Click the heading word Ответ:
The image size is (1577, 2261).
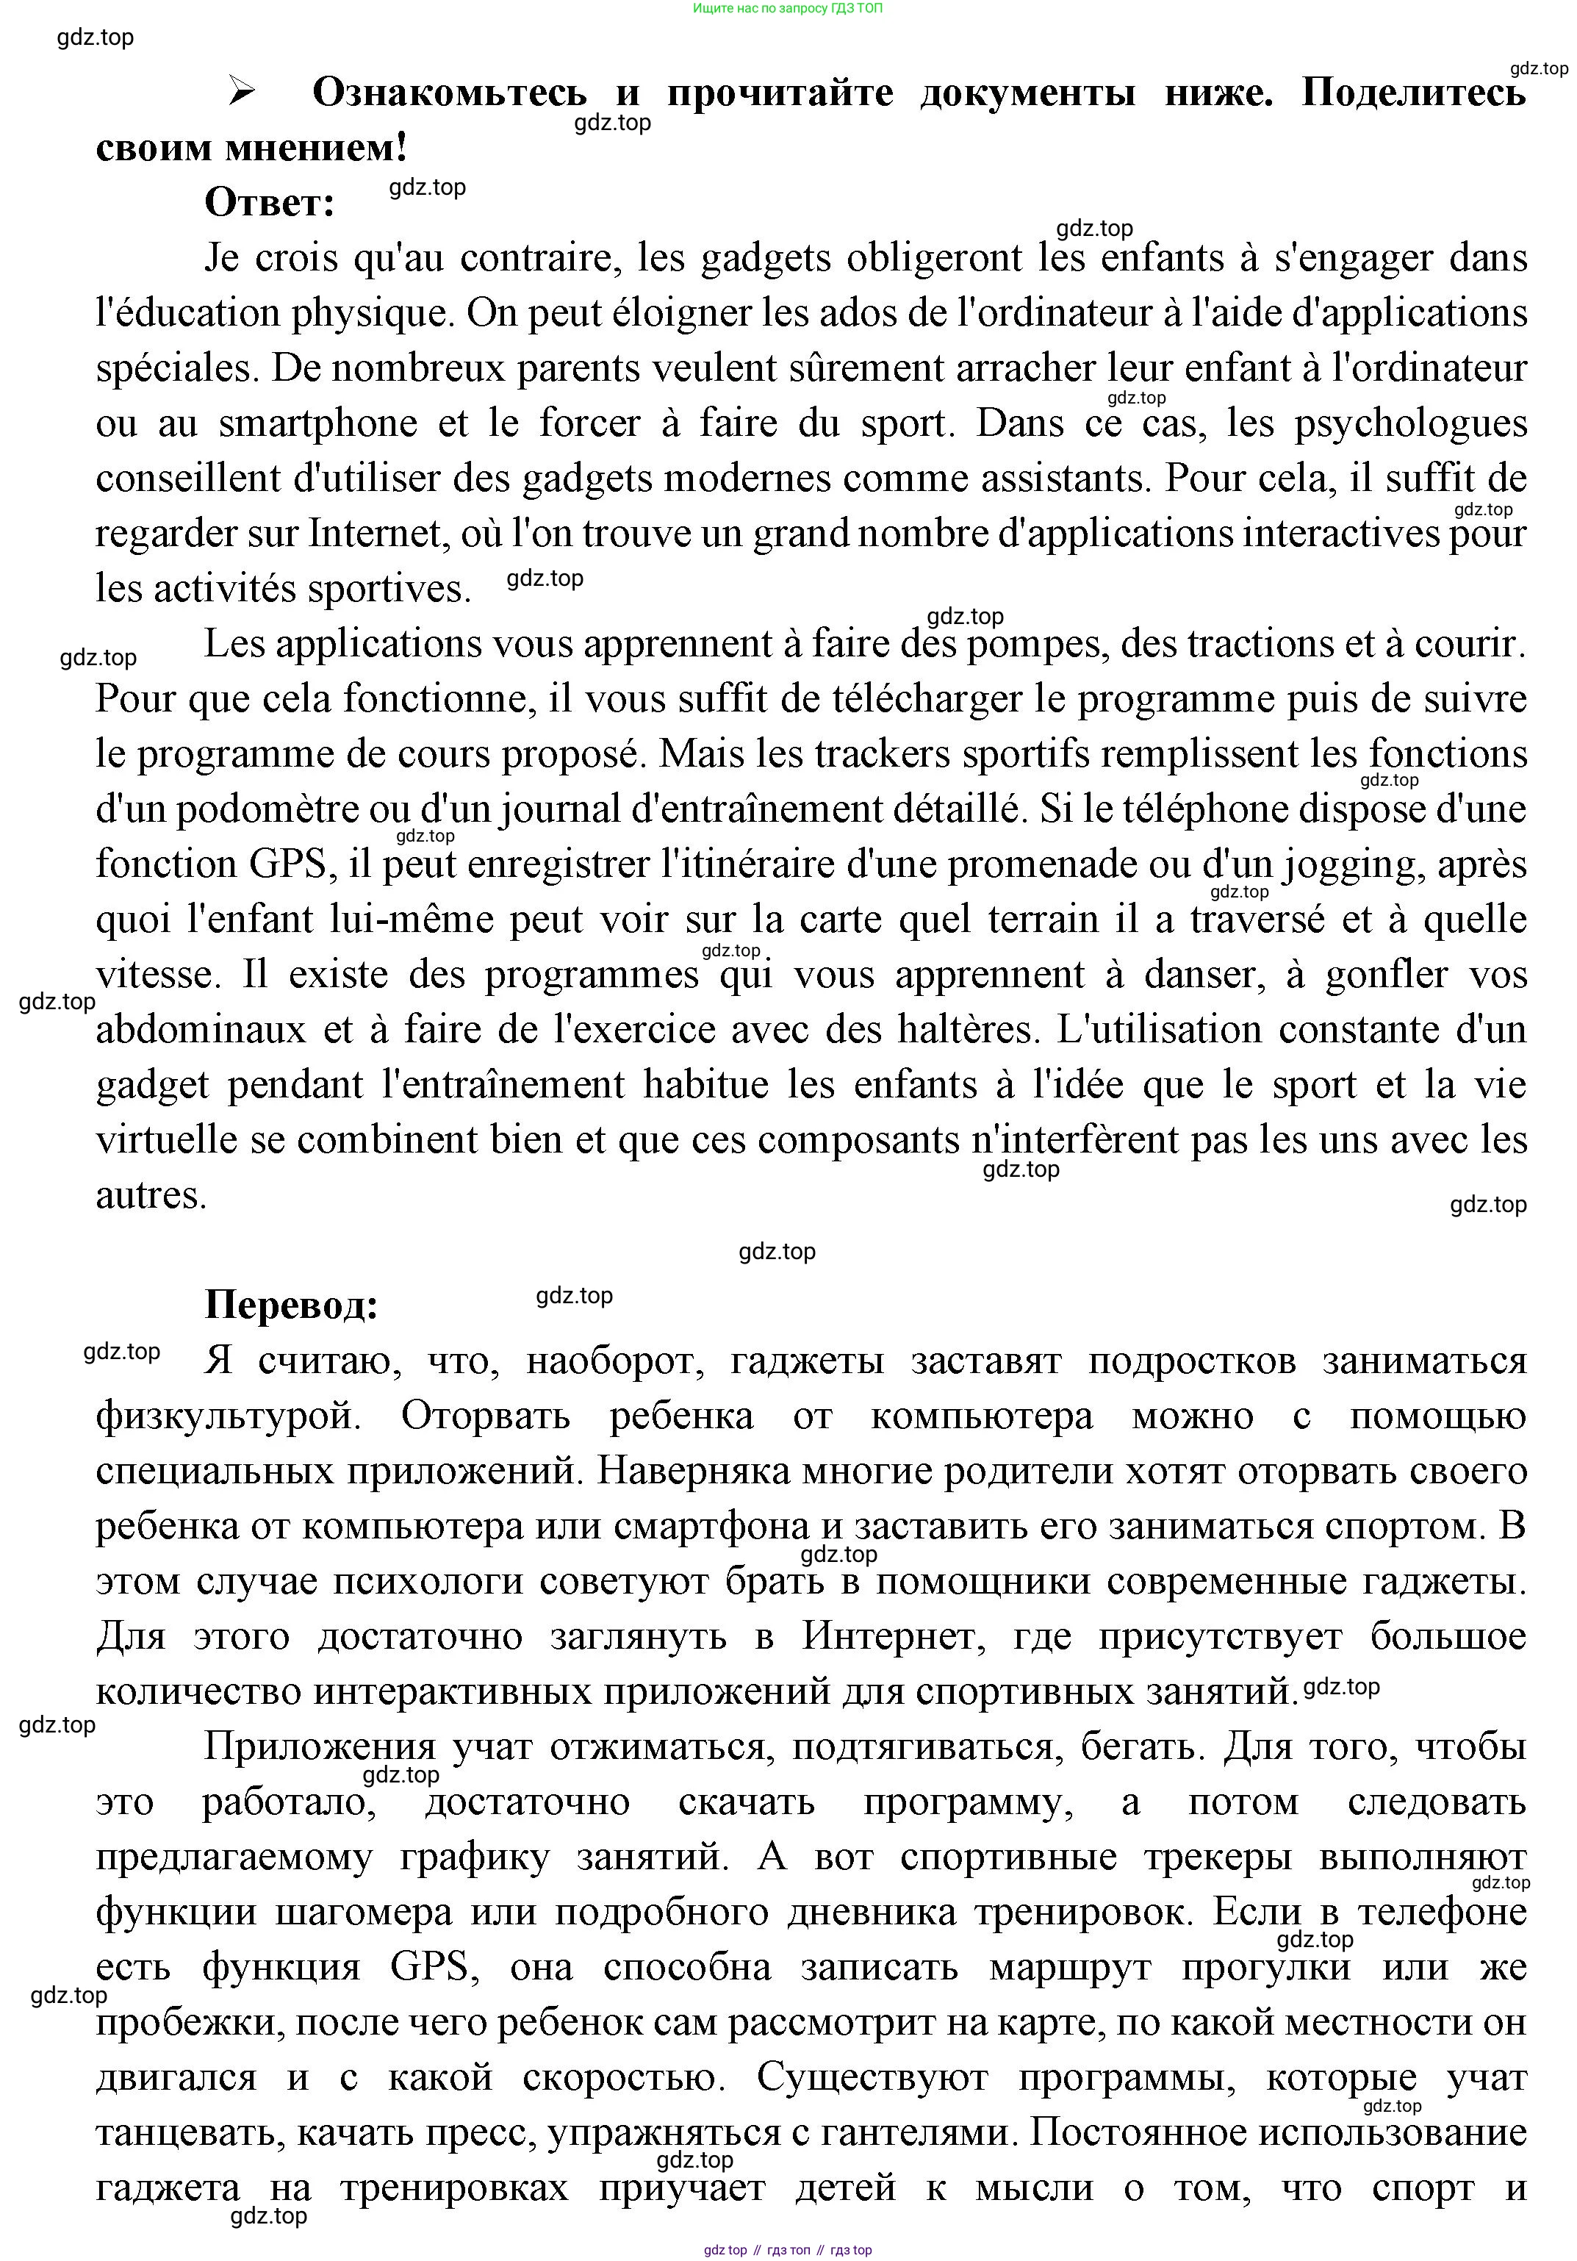270,203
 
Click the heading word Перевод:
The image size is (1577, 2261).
292,1305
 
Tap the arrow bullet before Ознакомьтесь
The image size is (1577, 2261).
241,93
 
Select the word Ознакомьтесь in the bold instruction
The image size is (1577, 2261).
450,93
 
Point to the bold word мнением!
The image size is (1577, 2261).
316,148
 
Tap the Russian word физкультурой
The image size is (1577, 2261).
227,1416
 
